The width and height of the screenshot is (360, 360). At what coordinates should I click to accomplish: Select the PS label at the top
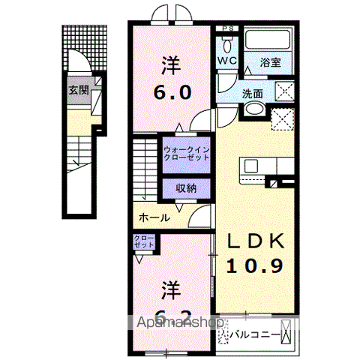228,29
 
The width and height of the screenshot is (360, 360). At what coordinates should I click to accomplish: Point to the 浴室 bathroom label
271,64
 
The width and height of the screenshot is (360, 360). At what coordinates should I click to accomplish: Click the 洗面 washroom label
252,94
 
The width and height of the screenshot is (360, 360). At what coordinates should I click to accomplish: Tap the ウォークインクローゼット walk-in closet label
187,154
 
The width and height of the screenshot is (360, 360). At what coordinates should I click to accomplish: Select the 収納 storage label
187,187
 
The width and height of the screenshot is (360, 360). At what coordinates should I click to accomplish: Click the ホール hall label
154,217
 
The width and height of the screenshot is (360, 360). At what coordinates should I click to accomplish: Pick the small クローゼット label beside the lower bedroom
144,241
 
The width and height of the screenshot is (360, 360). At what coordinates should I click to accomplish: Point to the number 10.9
256,265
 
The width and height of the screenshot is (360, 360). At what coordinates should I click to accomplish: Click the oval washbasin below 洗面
254,109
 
